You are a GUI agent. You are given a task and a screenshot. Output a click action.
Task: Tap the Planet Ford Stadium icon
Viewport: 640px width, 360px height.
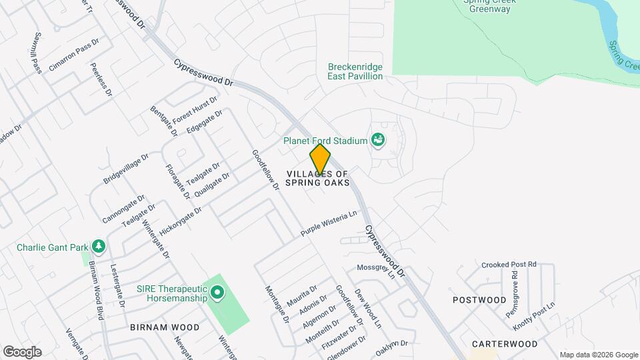pyautogui.click(x=378, y=140)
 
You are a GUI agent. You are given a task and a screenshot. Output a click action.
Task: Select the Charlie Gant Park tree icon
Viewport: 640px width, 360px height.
pyautogui.click(x=99, y=247)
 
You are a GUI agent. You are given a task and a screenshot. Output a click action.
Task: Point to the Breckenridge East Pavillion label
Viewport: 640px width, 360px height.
pyautogui.click(x=355, y=71)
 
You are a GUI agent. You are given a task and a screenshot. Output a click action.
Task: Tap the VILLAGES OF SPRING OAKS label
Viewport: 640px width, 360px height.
pyautogui.click(x=319, y=179)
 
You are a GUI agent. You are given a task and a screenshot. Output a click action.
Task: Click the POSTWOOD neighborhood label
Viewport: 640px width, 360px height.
pyautogui.click(x=479, y=300)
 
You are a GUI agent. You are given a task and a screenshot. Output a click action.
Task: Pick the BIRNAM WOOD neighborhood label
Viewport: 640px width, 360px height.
pyautogui.click(x=165, y=327)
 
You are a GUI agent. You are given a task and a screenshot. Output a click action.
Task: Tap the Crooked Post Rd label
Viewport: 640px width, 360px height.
pyautogui.click(x=509, y=264)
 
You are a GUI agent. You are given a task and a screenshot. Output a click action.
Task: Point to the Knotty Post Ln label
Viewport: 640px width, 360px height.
pyautogui.click(x=535, y=317)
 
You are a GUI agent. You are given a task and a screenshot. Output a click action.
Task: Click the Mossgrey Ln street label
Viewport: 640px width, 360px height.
pyautogui.click(x=377, y=272)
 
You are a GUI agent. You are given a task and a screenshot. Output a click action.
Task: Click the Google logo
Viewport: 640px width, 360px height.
pyautogui.click(x=22, y=352)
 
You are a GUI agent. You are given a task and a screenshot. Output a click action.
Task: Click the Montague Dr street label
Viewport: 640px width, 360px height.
pyautogui.click(x=277, y=305)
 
